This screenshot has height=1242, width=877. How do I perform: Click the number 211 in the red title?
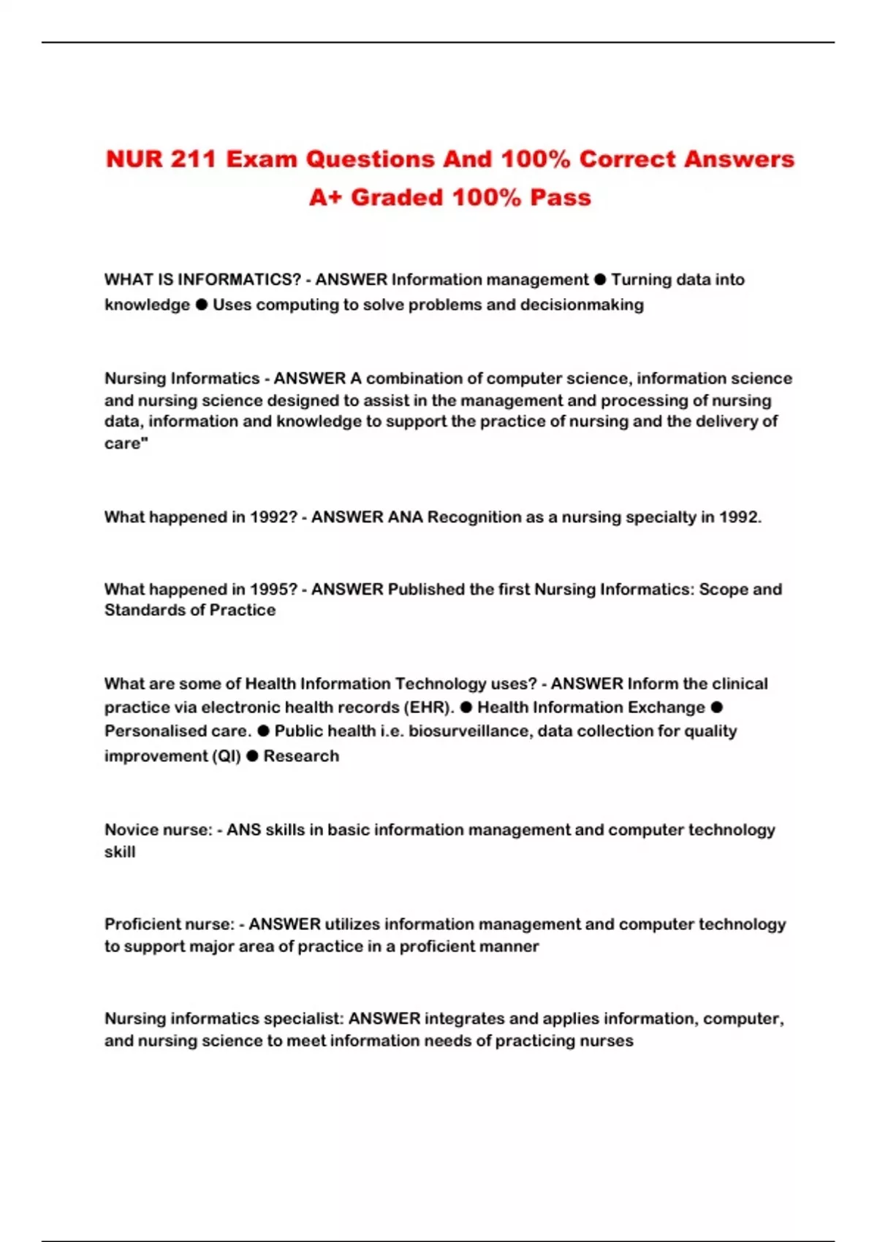click(193, 159)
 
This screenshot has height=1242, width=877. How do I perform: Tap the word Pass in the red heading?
click(561, 197)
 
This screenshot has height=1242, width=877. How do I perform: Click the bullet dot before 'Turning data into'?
click(600, 279)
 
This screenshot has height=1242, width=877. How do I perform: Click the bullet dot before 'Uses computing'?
click(202, 304)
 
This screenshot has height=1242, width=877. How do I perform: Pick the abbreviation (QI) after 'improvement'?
click(226, 756)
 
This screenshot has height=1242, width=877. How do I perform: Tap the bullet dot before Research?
click(252, 755)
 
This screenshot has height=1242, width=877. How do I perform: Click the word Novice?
click(129, 830)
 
